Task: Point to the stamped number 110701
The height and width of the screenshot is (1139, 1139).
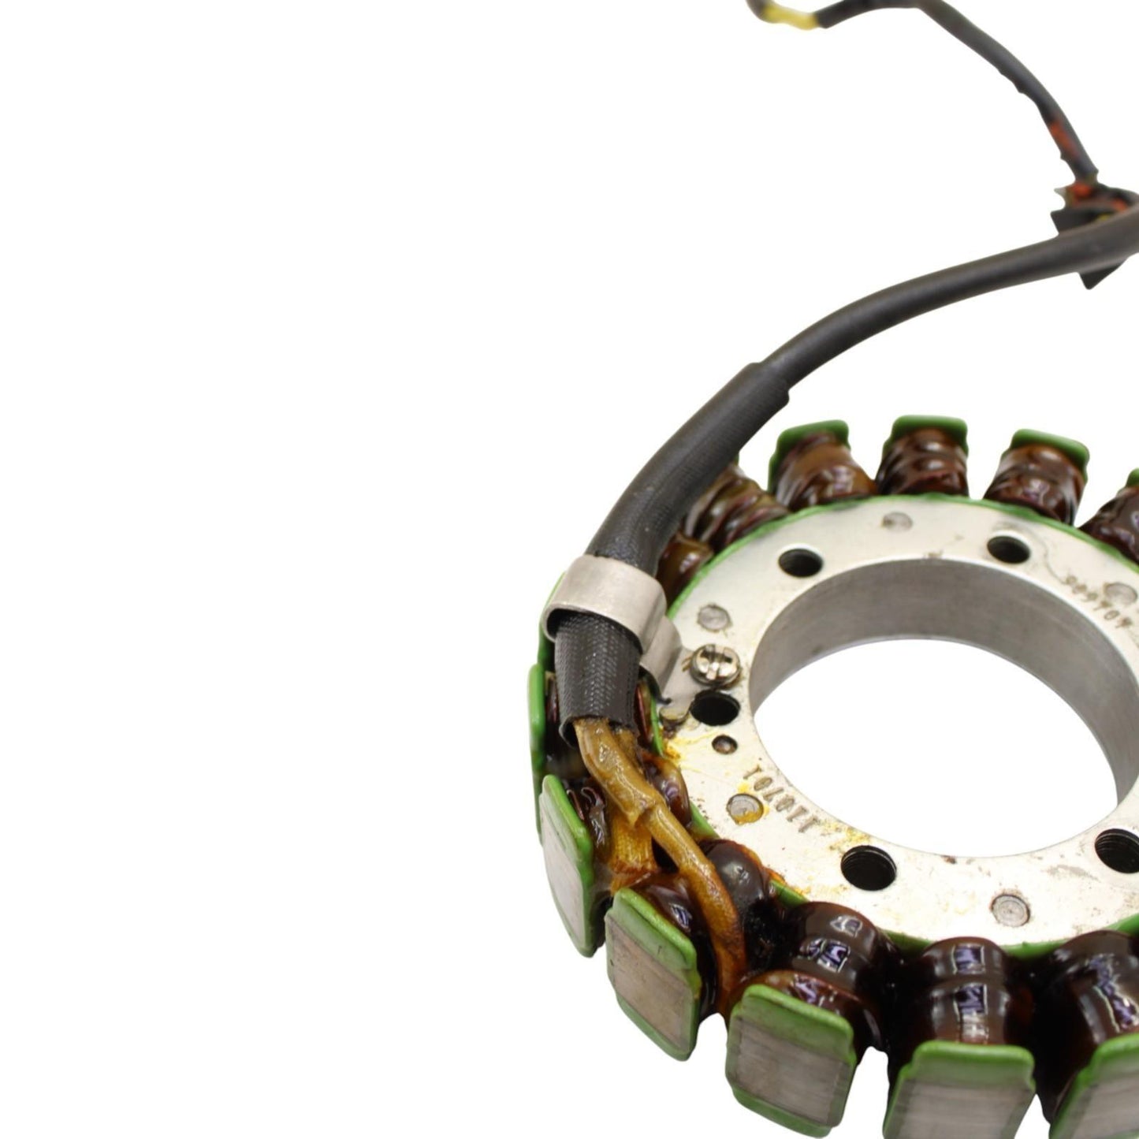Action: tap(756, 773)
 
